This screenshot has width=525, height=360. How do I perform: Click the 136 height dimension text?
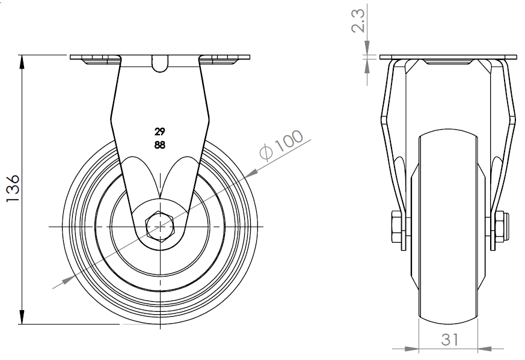click(13, 188)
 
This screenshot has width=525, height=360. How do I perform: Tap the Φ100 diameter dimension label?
click(281, 144)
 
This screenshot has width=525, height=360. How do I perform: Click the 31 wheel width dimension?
click(449, 339)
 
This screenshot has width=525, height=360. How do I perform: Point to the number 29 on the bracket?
click(160, 132)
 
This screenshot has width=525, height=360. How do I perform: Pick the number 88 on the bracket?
click(160, 145)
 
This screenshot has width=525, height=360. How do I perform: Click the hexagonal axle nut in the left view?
click(160, 227)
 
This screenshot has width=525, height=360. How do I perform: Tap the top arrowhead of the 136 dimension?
click(22, 63)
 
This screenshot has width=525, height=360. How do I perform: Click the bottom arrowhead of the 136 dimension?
click(22, 317)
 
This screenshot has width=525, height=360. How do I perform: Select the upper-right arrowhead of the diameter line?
click(251, 172)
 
